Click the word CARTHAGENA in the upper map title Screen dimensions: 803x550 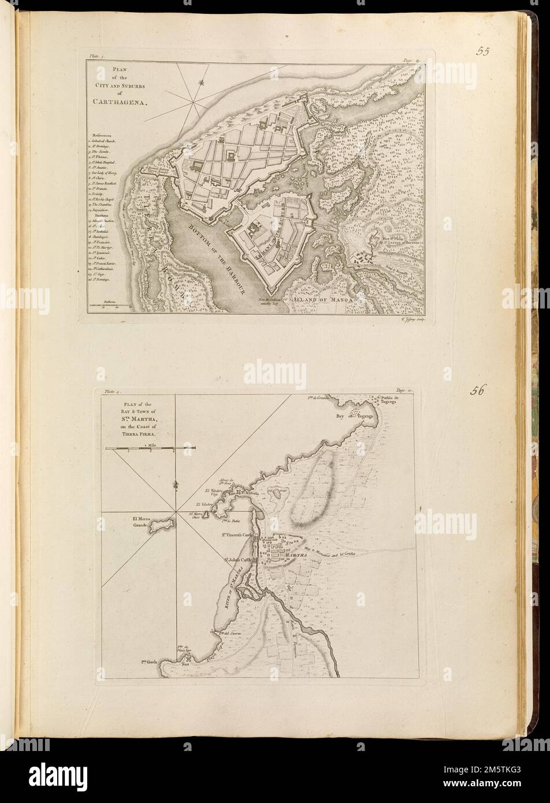click(x=119, y=101)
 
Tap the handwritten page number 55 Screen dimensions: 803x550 click(x=484, y=51)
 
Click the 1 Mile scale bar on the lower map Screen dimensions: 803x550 click(x=152, y=448)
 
